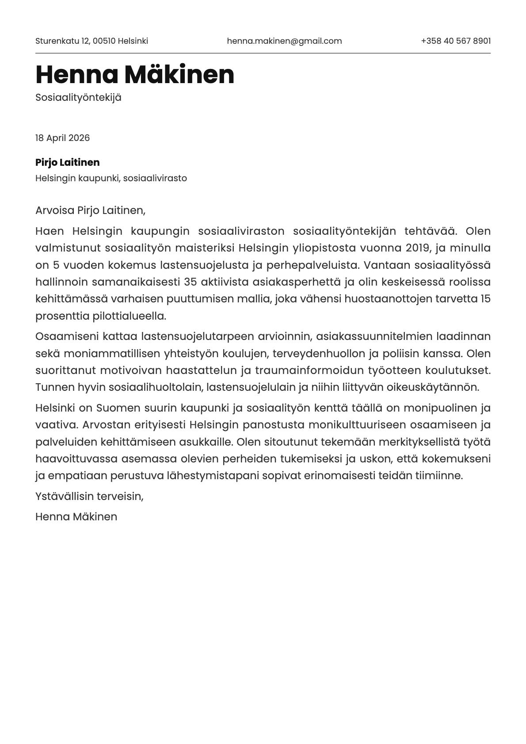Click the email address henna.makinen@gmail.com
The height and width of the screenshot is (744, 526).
[284, 41]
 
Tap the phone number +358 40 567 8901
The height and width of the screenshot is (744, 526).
[456, 41]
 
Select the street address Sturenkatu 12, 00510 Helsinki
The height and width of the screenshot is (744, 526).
[91, 41]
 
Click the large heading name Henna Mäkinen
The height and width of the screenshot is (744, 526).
[135, 74]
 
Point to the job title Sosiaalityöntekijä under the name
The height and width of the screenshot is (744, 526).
[78, 98]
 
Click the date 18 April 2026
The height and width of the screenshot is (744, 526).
[62, 138]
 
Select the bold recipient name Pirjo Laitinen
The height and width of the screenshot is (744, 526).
[68, 163]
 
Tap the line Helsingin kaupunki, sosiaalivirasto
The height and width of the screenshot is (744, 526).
[111, 179]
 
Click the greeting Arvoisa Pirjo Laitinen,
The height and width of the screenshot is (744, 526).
[90, 210]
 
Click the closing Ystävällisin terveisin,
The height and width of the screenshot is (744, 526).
[89, 496]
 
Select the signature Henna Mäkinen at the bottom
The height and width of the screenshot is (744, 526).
[76, 517]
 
